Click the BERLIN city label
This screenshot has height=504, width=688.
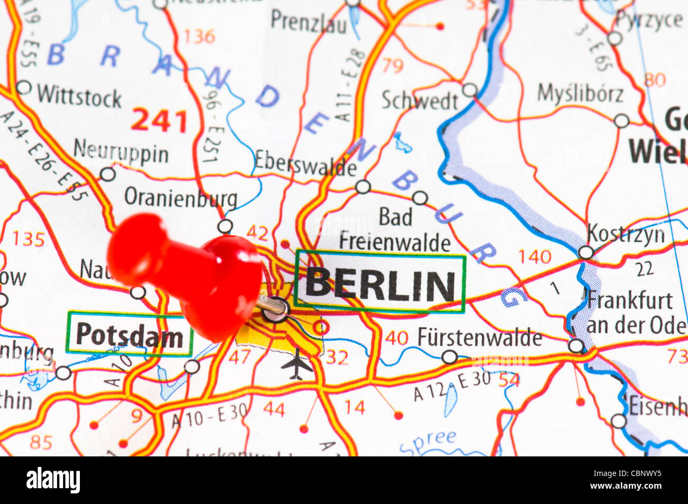coord(379,283)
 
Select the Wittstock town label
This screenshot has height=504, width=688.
coord(79,97)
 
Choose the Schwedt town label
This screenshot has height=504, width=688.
coord(420,100)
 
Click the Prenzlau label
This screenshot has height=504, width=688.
coord(309,22)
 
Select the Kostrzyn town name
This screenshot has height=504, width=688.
coord(626,234)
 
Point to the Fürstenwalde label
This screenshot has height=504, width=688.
coord(479,337)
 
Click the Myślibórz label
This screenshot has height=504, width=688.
coord(580,94)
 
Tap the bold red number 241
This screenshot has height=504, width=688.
coord(159,121)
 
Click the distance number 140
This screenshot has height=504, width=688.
coord(535,257)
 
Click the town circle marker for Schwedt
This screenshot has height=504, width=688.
coord(469,90)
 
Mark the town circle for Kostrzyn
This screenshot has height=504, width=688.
coord(585,252)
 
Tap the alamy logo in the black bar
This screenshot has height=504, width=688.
coord(53,480)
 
